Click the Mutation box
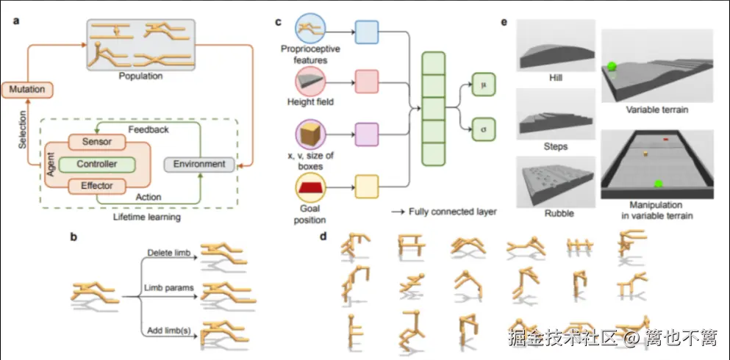(x=27, y=89)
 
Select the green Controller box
(x=97, y=164)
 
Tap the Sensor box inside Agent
(x=97, y=141)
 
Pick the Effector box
(x=97, y=186)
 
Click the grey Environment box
(x=198, y=164)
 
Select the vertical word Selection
(x=22, y=129)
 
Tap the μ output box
(x=484, y=84)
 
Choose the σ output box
(x=484, y=129)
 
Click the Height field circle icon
(x=310, y=81)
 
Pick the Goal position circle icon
(x=310, y=187)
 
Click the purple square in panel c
(x=367, y=134)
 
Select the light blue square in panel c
(x=367, y=32)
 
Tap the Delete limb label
(x=170, y=253)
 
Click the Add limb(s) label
(x=169, y=331)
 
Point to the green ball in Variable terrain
(x=610, y=68)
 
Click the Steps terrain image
(x=556, y=113)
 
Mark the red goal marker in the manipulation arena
(x=666, y=139)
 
